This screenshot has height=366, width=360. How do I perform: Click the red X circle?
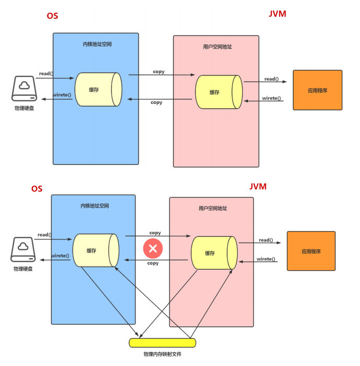point(153,248)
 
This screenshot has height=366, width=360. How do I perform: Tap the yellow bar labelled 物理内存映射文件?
point(163,343)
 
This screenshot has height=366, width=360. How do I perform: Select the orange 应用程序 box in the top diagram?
point(317,90)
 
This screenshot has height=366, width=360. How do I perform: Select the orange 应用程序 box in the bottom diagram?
point(311,251)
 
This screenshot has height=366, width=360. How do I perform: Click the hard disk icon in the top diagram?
point(24,89)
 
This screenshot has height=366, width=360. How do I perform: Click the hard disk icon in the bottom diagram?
point(23,249)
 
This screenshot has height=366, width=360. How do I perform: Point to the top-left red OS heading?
point(52,16)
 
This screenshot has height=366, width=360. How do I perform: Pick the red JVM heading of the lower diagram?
point(258,186)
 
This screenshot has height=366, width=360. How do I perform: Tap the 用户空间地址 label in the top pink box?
point(217,47)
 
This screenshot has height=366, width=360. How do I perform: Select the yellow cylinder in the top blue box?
point(98,90)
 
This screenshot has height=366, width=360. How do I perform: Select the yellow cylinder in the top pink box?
point(218,92)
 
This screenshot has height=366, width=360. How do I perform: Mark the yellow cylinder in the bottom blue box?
point(95,250)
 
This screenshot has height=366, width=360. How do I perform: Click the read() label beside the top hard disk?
point(45,73)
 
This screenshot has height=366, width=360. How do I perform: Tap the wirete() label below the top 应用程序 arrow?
point(271,98)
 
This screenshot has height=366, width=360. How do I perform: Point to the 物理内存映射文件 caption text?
point(163,354)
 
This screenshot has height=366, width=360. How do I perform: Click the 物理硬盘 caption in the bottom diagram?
point(23,269)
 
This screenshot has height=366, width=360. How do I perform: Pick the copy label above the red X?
point(155,233)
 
